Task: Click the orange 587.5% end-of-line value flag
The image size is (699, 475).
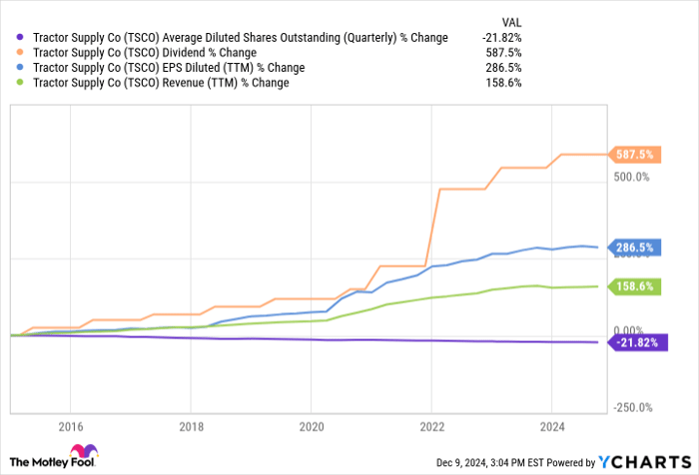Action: tap(638, 155)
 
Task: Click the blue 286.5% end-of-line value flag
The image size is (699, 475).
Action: tap(638, 247)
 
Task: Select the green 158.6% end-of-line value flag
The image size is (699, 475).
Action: tap(638, 286)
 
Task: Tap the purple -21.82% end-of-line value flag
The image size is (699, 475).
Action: tap(636, 342)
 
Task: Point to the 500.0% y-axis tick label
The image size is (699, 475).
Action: tap(631, 178)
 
